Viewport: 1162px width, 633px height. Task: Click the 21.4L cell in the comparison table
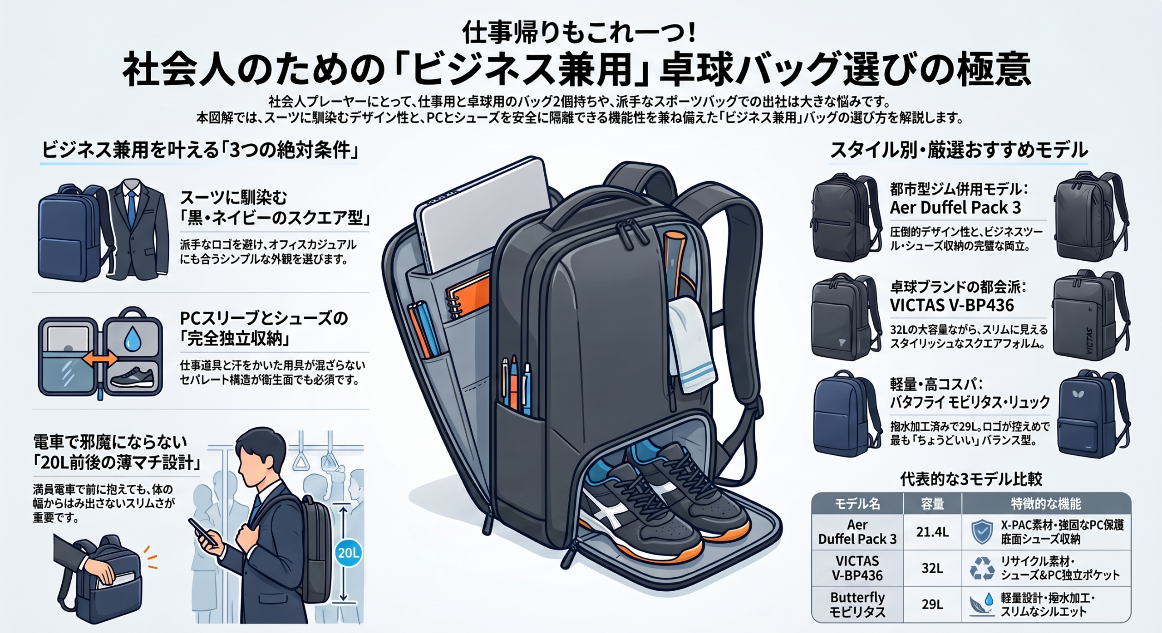click(x=932, y=532)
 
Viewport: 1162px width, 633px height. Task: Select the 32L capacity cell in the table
click(x=932, y=568)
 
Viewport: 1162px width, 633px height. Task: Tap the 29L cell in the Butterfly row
click(x=932, y=604)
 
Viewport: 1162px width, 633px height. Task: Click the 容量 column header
click(x=932, y=503)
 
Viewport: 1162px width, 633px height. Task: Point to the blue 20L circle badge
click(x=349, y=553)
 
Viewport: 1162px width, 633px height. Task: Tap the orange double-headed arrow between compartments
click(x=100, y=359)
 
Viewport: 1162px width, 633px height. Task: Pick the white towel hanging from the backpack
click(x=691, y=344)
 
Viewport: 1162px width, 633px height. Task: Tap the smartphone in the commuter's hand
click(x=202, y=532)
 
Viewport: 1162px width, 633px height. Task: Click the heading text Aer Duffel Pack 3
click(x=955, y=207)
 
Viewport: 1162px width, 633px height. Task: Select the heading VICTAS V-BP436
click(x=951, y=305)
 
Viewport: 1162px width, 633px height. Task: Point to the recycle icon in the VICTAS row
click(x=981, y=569)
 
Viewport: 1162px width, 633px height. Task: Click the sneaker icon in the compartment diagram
click(x=133, y=377)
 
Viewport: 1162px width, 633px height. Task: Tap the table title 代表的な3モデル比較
click(x=971, y=479)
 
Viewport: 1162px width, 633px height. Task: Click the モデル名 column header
click(x=857, y=503)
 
